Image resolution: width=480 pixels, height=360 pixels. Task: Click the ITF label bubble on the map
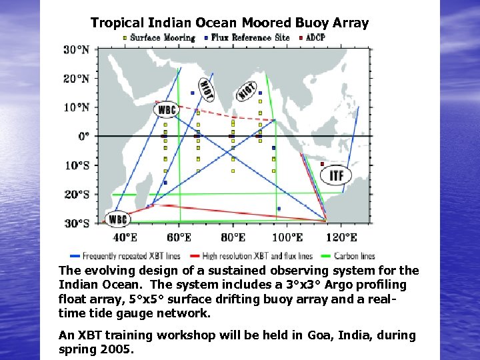click(x=337, y=176)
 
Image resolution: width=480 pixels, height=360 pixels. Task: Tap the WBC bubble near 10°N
click(x=166, y=110)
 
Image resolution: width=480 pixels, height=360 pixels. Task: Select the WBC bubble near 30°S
click(x=118, y=219)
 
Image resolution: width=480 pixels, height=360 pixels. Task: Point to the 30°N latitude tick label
click(x=77, y=49)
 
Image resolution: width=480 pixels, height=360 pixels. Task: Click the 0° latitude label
click(x=83, y=136)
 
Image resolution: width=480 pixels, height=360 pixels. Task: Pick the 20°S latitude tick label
click(x=77, y=194)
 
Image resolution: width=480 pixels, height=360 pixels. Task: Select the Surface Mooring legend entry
click(x=159, y=38)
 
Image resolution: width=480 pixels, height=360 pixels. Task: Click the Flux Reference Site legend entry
click(x=247, y=38)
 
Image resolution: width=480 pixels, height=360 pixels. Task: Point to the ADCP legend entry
click(x=313, y=38)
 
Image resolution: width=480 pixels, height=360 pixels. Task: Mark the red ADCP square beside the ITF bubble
click(x=322, y=163)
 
